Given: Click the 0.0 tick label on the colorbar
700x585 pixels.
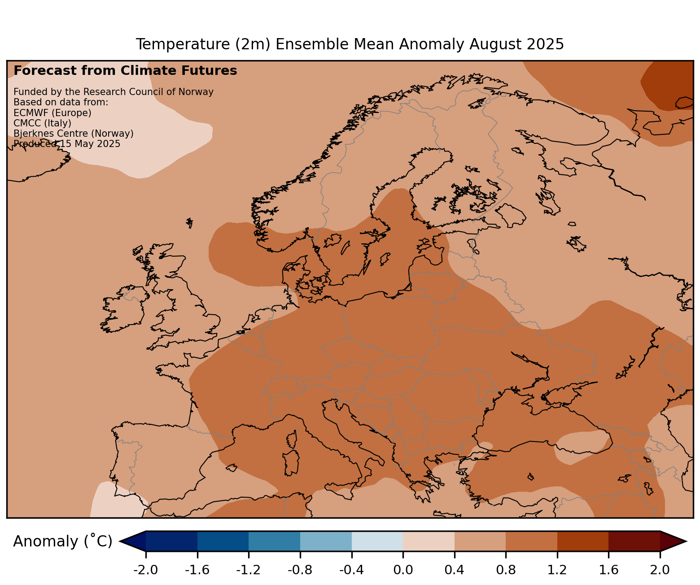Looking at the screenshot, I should click(x=402, y=570).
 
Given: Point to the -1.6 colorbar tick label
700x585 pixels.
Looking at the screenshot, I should click(x=197, y=570).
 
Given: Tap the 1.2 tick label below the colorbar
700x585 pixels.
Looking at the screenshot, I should click(x=557, y=570).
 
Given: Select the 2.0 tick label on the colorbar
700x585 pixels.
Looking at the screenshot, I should click(x=660, y=570).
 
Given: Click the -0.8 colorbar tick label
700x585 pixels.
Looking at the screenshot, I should click(x=300, y=570).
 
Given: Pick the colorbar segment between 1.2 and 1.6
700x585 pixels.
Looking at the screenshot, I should click(x=582, y=541).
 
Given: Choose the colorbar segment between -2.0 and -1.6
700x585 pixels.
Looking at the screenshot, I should click(x=171, y=541).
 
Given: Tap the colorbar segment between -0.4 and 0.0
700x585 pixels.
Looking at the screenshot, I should click(x=377, y=541).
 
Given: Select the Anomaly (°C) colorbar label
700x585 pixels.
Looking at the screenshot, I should click(x=62, y=542).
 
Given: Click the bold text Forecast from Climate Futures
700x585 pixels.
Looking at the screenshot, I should click(x=125, y=71).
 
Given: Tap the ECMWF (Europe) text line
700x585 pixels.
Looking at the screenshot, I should click(x=52, y=113).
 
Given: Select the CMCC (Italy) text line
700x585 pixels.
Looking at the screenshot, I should click(x=43, y=123).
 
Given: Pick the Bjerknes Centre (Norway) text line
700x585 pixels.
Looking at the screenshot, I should click(x=74, y=134).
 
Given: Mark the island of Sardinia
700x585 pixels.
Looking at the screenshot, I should click(x=291, y=463).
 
